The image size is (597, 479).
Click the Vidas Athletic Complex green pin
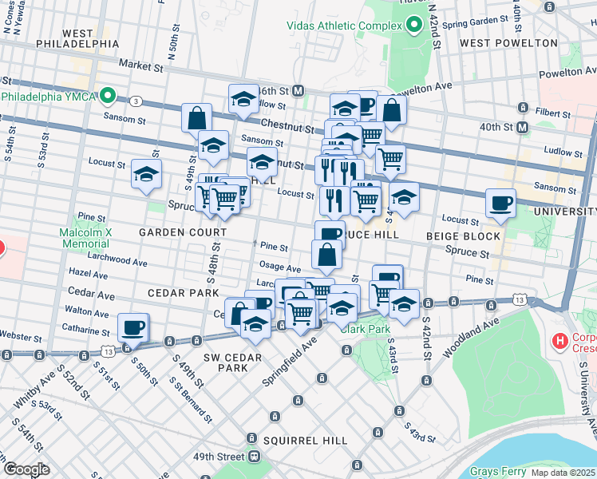[x=413, y=26]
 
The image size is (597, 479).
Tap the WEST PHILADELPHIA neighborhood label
[x=78, y=38]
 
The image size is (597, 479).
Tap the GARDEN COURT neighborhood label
[x=183, y=232]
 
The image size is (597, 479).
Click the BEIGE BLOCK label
[x=463, y=236]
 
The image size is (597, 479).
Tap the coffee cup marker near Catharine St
[x=132, y=327]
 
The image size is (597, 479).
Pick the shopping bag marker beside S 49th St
[x=196, y=118]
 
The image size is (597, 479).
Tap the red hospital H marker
[x=560, y=342]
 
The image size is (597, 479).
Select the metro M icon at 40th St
[x=523, y=127]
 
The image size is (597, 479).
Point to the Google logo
[x=26, y=469]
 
